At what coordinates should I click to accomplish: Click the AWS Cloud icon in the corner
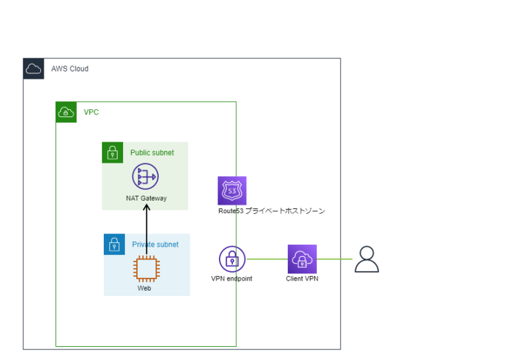(x=34, y=69)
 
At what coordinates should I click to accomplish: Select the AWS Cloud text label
(x=69, y=69)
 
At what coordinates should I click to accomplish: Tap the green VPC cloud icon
(x=66, y=112)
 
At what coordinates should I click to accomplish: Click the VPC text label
(x=91, y=112)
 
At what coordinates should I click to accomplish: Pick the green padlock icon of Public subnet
(x=112, y=152)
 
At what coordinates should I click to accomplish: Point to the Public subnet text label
(x=152, y=153)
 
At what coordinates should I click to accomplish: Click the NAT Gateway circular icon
(x=146, y=177)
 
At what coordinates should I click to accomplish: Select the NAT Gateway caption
(x=146, y=198)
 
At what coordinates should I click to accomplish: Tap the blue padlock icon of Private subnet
(x=114, y=244)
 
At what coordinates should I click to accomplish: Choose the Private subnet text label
(x=155, y=244)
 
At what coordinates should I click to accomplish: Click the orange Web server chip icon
(x=146, y=269)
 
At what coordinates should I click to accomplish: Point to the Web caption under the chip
(x=144, y=289)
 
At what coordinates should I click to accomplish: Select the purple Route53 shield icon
(x=232, y=191)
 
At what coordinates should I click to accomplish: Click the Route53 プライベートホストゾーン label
(x=272, y=211)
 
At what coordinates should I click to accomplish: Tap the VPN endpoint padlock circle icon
(x=232, y=259)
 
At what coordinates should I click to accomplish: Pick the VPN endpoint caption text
(x=232, y=279)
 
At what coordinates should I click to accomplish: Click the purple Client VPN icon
(x=302, y=259)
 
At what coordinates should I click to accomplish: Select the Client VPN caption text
(x=302, y=279)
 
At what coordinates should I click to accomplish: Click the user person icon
(x=366, y=259)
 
